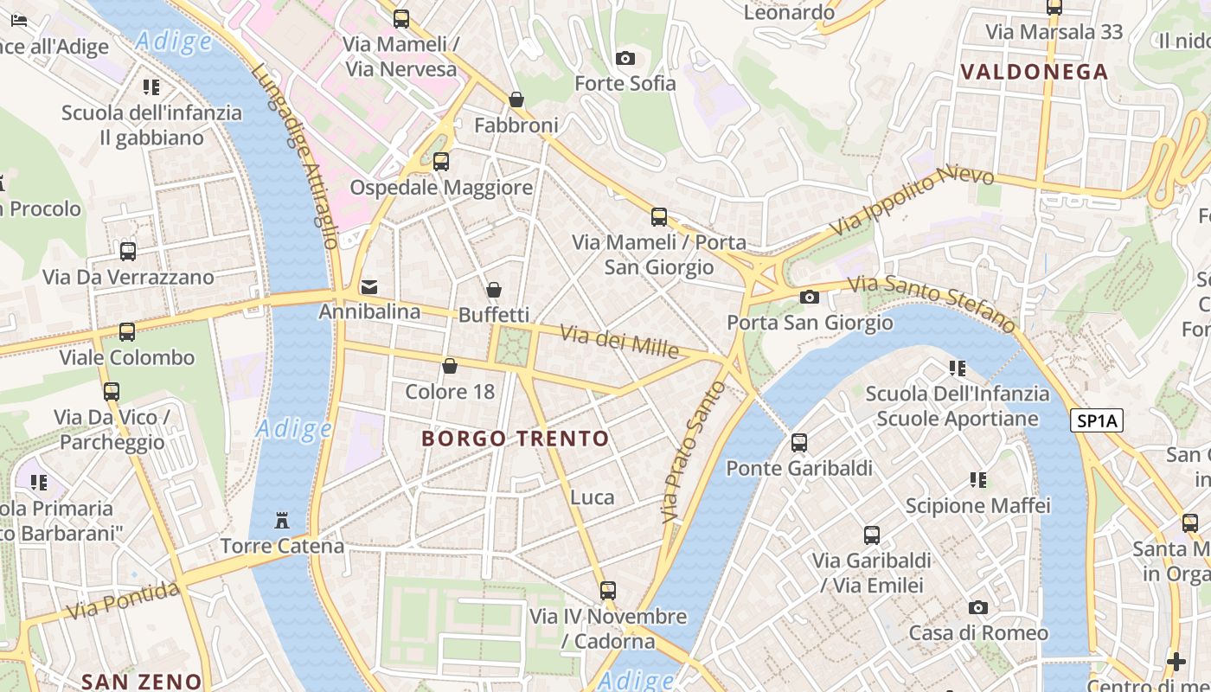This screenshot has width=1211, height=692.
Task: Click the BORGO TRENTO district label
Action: point(516,439)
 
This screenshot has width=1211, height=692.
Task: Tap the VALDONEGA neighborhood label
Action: point(1035,72)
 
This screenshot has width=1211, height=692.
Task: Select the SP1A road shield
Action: point(1096,421)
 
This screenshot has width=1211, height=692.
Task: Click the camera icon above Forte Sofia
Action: point(625,58)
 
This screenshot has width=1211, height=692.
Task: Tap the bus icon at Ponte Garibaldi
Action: point(798,443)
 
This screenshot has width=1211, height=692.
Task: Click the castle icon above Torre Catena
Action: point(282,521)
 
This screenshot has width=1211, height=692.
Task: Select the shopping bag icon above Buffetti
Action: point(494,290)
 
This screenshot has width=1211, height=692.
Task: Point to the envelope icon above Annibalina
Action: point(369,286)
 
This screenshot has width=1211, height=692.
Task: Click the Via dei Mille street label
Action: point(618,341)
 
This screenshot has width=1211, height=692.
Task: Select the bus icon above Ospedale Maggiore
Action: point(440,162)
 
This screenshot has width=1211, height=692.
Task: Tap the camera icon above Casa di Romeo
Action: point(977,607)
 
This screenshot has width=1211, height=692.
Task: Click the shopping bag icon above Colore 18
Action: point(450,367)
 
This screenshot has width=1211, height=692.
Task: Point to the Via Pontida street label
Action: point(125,600)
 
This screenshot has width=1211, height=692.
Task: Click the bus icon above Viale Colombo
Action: point(127,332)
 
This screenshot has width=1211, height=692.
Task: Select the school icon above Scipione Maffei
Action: point(977,479)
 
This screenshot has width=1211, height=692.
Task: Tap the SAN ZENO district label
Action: point(141,682)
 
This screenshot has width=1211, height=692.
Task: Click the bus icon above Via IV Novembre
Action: point(608,591)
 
